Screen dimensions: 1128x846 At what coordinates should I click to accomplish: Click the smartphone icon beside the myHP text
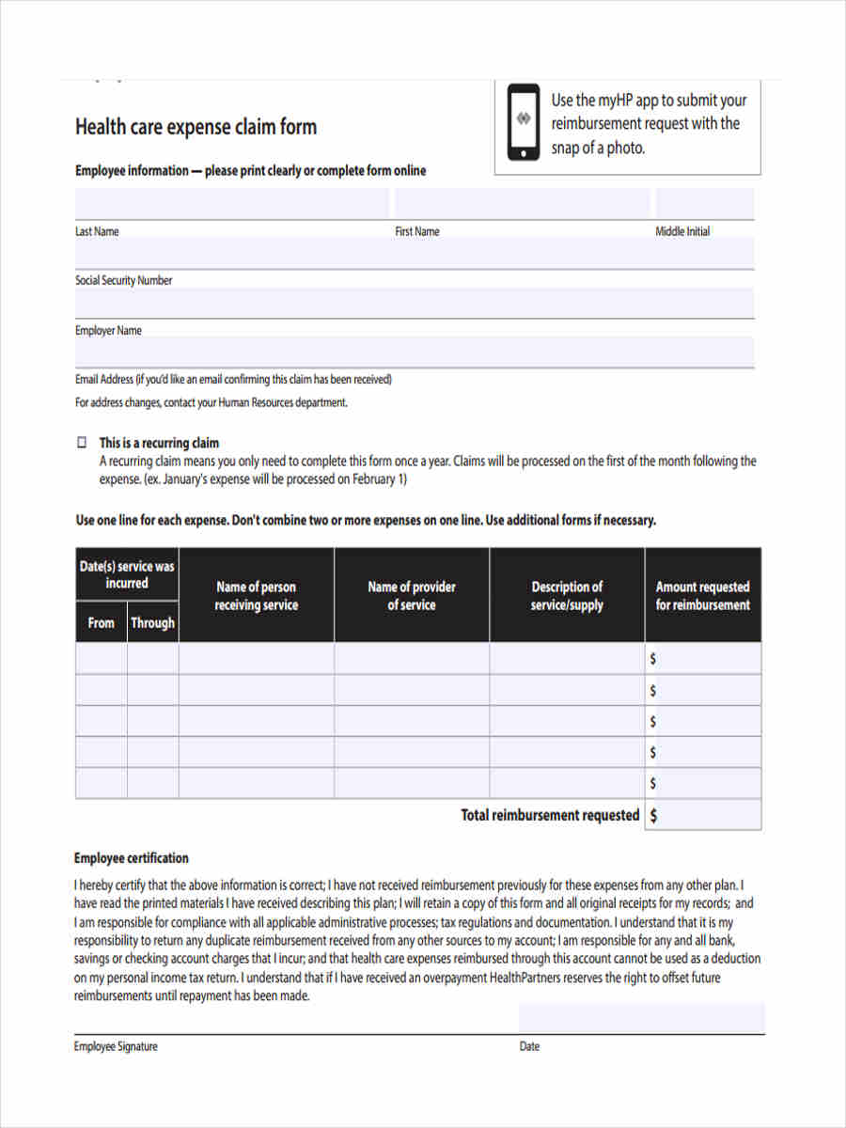(524, 122)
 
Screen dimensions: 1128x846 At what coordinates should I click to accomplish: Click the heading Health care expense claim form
(196, 127)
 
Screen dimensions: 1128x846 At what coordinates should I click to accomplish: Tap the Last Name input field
(231, 203)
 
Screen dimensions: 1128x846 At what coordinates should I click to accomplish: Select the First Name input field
(522, 203)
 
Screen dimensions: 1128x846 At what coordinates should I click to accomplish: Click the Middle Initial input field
(704, 203)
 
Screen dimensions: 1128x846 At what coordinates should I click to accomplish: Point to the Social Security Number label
(124, 280)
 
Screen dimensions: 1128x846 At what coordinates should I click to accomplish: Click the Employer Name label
(108, 330)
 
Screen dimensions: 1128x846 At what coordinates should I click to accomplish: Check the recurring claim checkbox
(81, 442)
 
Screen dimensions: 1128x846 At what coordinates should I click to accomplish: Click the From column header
(101, 622)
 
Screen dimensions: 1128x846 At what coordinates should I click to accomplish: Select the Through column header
(152, 622)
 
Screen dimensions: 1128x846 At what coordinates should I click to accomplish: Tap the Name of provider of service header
(412, 596)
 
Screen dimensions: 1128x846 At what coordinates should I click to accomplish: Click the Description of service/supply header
(567, 596)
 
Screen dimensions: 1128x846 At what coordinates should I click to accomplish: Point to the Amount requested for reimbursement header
(703, 596)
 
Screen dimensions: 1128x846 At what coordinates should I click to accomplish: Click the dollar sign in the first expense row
(653, 659)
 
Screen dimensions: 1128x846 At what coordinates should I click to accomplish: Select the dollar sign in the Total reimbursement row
(653, 816)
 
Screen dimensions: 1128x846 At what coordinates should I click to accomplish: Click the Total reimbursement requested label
(550, 815)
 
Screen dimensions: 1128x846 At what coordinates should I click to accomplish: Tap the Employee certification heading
(131, 857)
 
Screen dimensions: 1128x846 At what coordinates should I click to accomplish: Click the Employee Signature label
(116, 1046)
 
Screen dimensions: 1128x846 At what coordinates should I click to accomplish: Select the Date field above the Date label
(641, 1018)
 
